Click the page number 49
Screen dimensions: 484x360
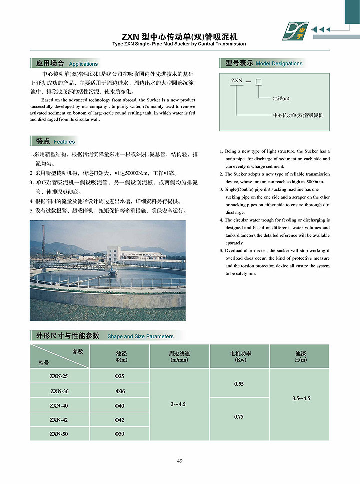[180, 460]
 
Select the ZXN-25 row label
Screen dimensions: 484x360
[59, 376]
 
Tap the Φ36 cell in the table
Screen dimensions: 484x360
[120, 391]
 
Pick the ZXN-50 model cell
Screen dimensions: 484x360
[59, 434]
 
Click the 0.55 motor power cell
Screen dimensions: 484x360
[239, 383]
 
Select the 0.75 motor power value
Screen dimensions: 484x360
[239, 416]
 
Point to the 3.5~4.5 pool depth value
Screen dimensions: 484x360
[301, 398]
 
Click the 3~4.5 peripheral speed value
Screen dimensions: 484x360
[177, 404]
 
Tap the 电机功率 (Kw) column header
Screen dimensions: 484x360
[240, 356]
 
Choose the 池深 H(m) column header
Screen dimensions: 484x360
[300, 356]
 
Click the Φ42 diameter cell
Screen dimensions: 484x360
[120, 420]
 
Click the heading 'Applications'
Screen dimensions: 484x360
[83, 64]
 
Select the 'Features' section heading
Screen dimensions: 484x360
[64, 142]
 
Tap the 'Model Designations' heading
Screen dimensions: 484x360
[279, 63]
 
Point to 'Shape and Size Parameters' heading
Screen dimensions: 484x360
[140, 336]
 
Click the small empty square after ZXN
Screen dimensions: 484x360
[258, 81]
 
